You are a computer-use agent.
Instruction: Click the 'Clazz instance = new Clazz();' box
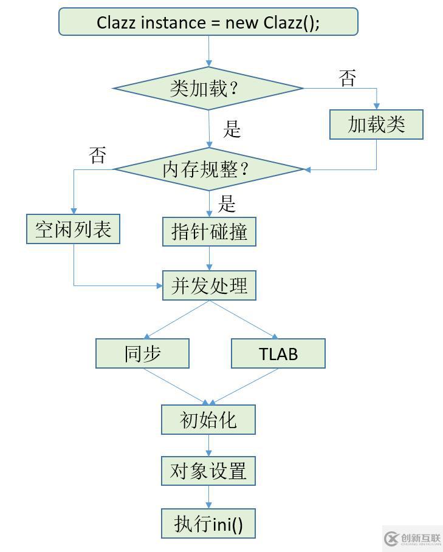tap(208, 22)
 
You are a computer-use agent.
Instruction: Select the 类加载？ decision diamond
tap(208, 88)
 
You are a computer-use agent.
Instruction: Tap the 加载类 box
tap(376, 124)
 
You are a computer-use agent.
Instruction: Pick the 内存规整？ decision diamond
tap(208, 169)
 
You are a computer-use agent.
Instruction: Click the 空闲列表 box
tap(73, 229)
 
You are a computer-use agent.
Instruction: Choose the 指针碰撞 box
tap(209, 231)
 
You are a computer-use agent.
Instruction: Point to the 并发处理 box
tap(209, 285)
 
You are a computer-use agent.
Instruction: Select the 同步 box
tap(142, 353)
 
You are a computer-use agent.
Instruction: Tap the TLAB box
tap(278, 353)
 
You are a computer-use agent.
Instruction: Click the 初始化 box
tap(208, 420)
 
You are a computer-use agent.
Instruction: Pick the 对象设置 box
tap(208, 471)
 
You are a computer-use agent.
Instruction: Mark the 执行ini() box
tap(208, 523)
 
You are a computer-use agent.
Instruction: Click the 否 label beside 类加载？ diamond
tap(347, 78)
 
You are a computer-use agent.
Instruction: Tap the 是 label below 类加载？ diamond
tap(232, 129)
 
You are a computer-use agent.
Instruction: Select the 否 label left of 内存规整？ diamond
tap(97, 155)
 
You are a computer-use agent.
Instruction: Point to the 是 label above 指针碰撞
tap(227, 204)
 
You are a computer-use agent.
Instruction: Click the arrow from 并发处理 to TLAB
tap(243, 319)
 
